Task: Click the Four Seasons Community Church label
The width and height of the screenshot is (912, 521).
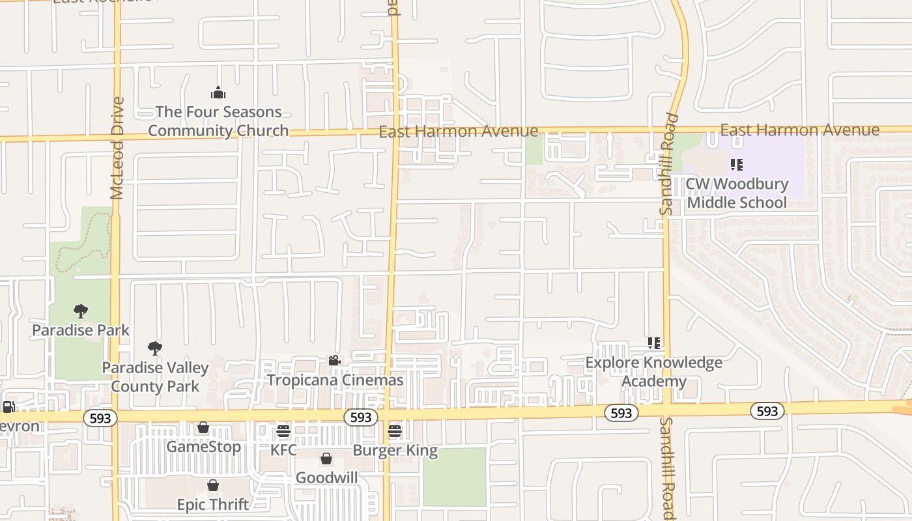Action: [218, 121]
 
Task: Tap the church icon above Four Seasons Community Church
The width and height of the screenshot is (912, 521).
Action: [218, 93]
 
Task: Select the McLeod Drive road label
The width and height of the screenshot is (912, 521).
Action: [117, 148]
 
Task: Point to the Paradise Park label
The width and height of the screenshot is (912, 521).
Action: [81, 330]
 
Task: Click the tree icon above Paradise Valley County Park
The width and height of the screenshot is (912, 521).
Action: [154, 348]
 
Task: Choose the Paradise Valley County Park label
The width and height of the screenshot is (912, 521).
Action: [155, 376]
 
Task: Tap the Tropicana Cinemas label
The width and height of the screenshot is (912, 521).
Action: [335, 380]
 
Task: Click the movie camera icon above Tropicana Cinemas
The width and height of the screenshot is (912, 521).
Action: [334, 361]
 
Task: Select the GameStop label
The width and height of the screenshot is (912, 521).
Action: [204, 447]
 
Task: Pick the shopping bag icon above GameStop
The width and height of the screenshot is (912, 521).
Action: [203, 428]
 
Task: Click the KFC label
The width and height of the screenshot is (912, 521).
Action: [283, 450]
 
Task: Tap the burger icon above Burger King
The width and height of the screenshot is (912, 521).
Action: [395, 431]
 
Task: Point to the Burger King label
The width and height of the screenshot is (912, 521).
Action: [395, 450]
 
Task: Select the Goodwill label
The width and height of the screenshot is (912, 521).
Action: [326, 478]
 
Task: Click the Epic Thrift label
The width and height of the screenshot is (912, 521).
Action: [213, 505]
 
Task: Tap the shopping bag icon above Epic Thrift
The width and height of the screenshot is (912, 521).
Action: [212, 485]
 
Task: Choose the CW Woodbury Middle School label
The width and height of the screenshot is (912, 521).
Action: [737, 193]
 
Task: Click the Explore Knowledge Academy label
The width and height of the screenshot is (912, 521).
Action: [654, 371]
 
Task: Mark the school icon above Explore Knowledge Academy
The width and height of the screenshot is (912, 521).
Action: [654, 343]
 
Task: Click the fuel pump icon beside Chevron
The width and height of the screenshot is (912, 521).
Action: [8, 408]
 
